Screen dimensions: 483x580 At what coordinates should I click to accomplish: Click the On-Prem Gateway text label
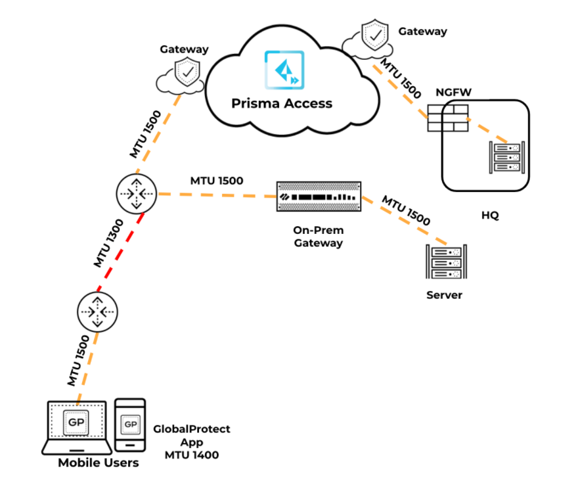319,237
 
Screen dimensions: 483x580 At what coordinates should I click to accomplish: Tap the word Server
445,295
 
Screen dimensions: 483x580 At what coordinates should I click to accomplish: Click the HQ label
490,215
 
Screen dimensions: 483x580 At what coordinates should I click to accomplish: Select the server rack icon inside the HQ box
506,157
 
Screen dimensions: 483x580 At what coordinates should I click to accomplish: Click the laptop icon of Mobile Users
76,426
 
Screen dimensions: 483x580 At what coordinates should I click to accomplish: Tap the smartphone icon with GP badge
130,424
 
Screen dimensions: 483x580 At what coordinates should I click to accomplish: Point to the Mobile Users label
99,463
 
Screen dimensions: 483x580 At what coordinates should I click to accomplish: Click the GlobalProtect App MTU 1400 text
191,442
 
